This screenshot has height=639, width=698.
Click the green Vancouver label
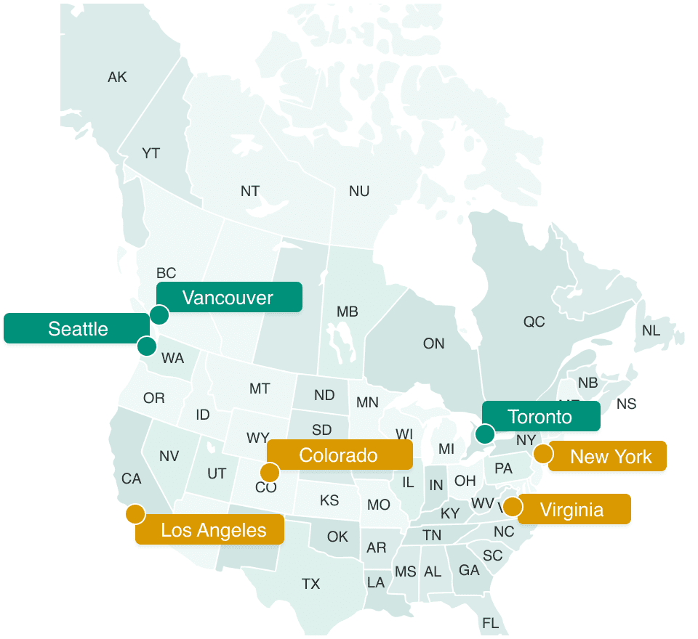(x=228, y=297)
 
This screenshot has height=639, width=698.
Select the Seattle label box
(x=77, y=328)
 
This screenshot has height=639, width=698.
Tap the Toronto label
(x=540, y=416)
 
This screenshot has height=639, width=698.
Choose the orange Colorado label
(x=339, y=455)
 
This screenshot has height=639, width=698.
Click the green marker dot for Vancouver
(x=159, y=315)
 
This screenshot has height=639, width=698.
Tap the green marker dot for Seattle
(x=147, y=346)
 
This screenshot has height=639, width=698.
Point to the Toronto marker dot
(x=485, y=434)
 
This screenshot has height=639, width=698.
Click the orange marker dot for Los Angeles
(x=135, y=514)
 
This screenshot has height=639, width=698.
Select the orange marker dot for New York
(x=542, y=455)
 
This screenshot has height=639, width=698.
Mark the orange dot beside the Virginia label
(x=512, y=506)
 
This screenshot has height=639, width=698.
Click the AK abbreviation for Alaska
(x=117, y=77)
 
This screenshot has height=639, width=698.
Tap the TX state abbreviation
(x=310, y=583)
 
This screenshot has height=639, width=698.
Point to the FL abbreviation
(x=490, y=623)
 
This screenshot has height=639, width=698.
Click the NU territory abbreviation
(x=359, y=191)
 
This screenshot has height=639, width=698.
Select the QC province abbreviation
(x=534, y=321)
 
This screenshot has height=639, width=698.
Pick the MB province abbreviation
(x=347, y=312)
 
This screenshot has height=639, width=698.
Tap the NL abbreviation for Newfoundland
(x=651, y=330)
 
